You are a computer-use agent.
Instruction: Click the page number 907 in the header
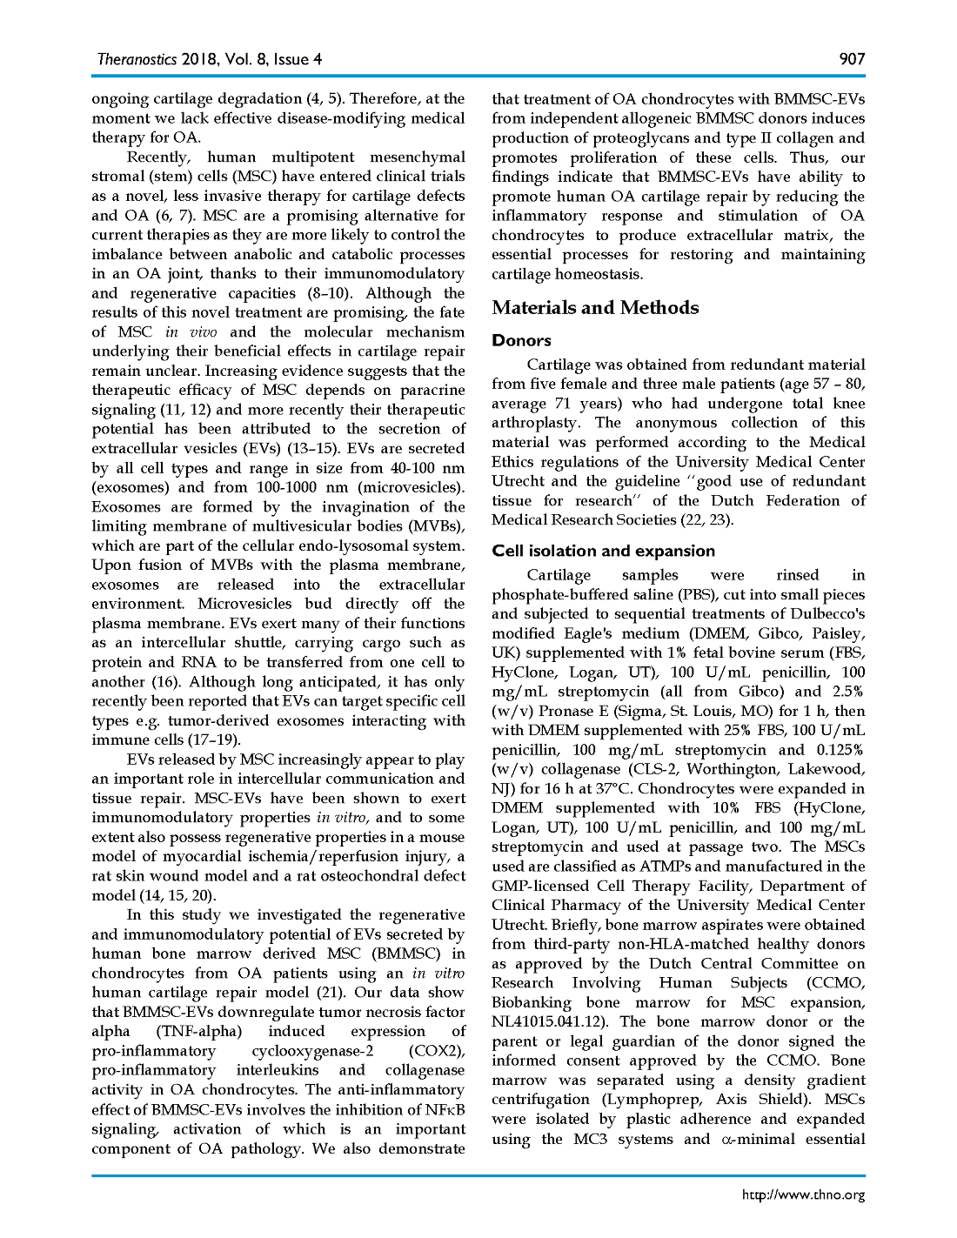852,59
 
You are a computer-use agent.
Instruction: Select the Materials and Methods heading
595,308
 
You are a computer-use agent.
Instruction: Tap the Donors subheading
521,341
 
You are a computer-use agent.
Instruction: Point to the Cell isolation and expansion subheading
603,551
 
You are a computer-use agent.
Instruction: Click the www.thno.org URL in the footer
803,1195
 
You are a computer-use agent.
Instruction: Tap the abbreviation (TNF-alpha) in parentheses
198,1032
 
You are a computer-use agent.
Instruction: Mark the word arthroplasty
535,423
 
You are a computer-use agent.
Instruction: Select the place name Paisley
838,633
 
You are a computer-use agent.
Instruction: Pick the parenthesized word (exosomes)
126,487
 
